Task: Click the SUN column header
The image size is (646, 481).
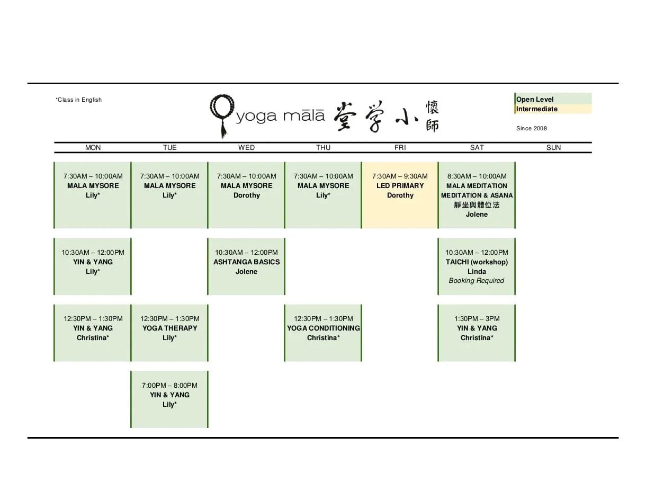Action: click(x=553, y=148)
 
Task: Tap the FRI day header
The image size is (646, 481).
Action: click(x=400, y=148)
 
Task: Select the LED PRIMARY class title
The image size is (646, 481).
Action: click(x=400, y=186)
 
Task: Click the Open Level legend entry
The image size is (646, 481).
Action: click(x=535, y=100)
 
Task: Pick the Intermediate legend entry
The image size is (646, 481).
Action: click(x=537, y=109)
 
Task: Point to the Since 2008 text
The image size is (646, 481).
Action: click(x=532, y=128)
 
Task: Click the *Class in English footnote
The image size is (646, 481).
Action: click(x=79, y=100)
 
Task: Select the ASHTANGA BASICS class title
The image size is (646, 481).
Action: click(x=246, y=262)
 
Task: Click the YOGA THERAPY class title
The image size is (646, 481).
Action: click(x=169, y=328)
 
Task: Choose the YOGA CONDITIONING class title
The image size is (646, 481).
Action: click(x=323, y=328)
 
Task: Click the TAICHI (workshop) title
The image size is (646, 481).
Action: click(x=477, y=262)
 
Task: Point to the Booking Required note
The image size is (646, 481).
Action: click(x=477, y=281)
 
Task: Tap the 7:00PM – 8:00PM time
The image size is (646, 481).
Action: click(x=169, y=386)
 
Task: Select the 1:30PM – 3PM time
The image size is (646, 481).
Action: click(x=477, y=319)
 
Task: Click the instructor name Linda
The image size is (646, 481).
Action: click(x=477, y=272)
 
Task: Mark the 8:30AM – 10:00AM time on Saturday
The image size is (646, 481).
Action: click(x=477, y=176)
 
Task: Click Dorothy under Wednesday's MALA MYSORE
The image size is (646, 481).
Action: click(x=246, y=195)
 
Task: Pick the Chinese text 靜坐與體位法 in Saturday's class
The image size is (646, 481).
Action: click(x=477, y=205)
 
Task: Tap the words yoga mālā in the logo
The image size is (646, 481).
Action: click(x=280, y=116)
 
